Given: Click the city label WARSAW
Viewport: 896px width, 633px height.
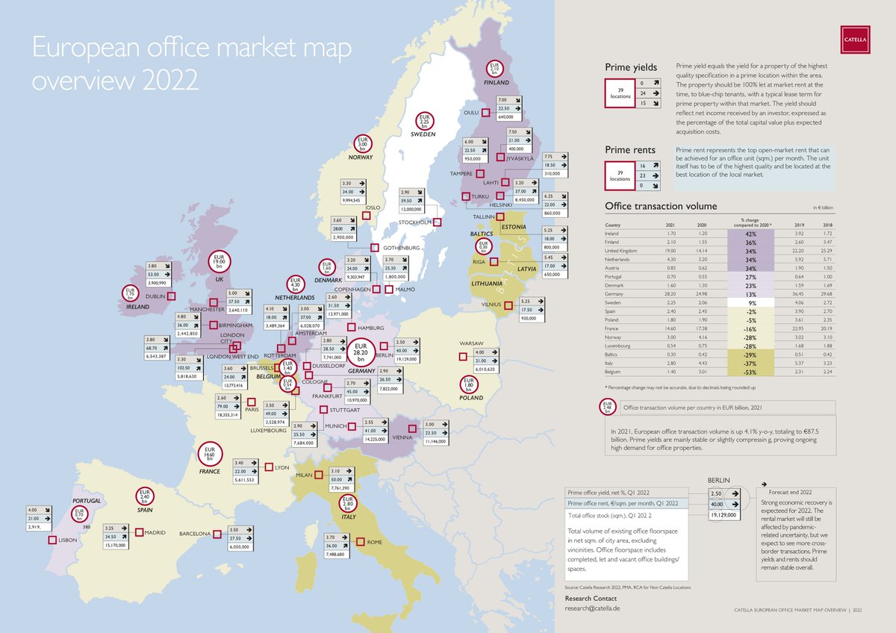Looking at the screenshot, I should (x=472, y=343).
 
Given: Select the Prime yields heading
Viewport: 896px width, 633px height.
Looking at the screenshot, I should (x=631, y=68).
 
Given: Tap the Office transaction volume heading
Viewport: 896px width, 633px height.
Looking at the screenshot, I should (x=661, y=206).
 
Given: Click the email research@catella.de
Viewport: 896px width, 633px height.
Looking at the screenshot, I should (x=592, y=608).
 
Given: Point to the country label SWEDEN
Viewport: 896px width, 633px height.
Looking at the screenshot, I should (x=423, y=135).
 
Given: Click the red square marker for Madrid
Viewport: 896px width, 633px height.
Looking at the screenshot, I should (x=140, y=532).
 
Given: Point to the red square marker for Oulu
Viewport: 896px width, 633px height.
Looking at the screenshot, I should (x=485, y=113).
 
